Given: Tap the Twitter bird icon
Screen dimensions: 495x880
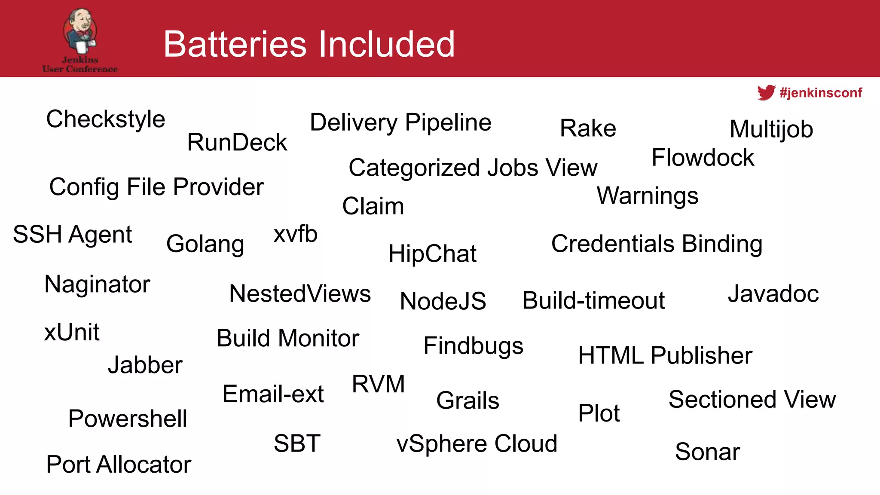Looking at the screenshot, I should coord(766,92).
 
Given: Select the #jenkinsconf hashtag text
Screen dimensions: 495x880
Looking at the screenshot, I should coord(821,93).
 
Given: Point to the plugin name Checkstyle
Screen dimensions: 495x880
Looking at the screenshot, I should coord(106,119).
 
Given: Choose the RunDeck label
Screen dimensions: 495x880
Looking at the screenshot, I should coord(237,142).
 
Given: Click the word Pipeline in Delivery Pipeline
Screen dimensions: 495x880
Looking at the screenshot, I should coord(448,123).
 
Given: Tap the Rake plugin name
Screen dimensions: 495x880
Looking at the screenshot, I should coord(588,128).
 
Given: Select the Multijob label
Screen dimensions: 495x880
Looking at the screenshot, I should coord(771,129).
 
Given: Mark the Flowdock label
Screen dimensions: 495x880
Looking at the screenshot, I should coord(703,157).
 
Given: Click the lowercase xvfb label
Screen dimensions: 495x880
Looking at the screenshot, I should coord(296,234).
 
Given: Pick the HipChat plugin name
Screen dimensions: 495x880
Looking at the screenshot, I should coord(432,254).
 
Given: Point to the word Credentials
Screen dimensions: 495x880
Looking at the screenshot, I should coord(613,244).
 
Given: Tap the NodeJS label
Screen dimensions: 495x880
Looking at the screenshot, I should coord(443,301).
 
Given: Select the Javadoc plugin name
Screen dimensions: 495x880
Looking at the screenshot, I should coord(773,294).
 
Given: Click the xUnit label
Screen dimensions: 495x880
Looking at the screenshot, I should coord(72,332).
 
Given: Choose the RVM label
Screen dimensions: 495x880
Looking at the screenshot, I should coord(378,384).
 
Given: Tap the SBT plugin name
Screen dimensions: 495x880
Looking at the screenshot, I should coord(297,443).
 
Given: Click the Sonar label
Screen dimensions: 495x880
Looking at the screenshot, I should coord(707,452).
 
